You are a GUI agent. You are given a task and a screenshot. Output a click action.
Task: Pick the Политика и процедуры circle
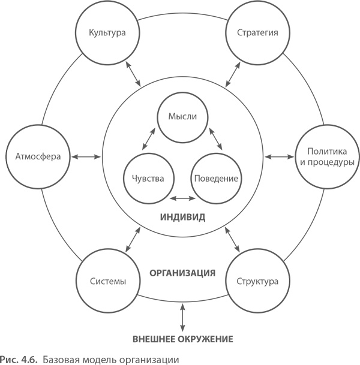click(325, 157)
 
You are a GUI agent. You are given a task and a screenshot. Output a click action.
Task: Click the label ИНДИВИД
click(182, 217)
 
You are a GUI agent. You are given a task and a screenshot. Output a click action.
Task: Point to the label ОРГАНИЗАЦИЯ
click(182, 273)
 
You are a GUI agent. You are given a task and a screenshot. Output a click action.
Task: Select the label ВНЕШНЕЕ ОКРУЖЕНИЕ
click(182, 339)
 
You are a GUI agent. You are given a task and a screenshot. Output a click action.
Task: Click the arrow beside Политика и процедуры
click(278, 157)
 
